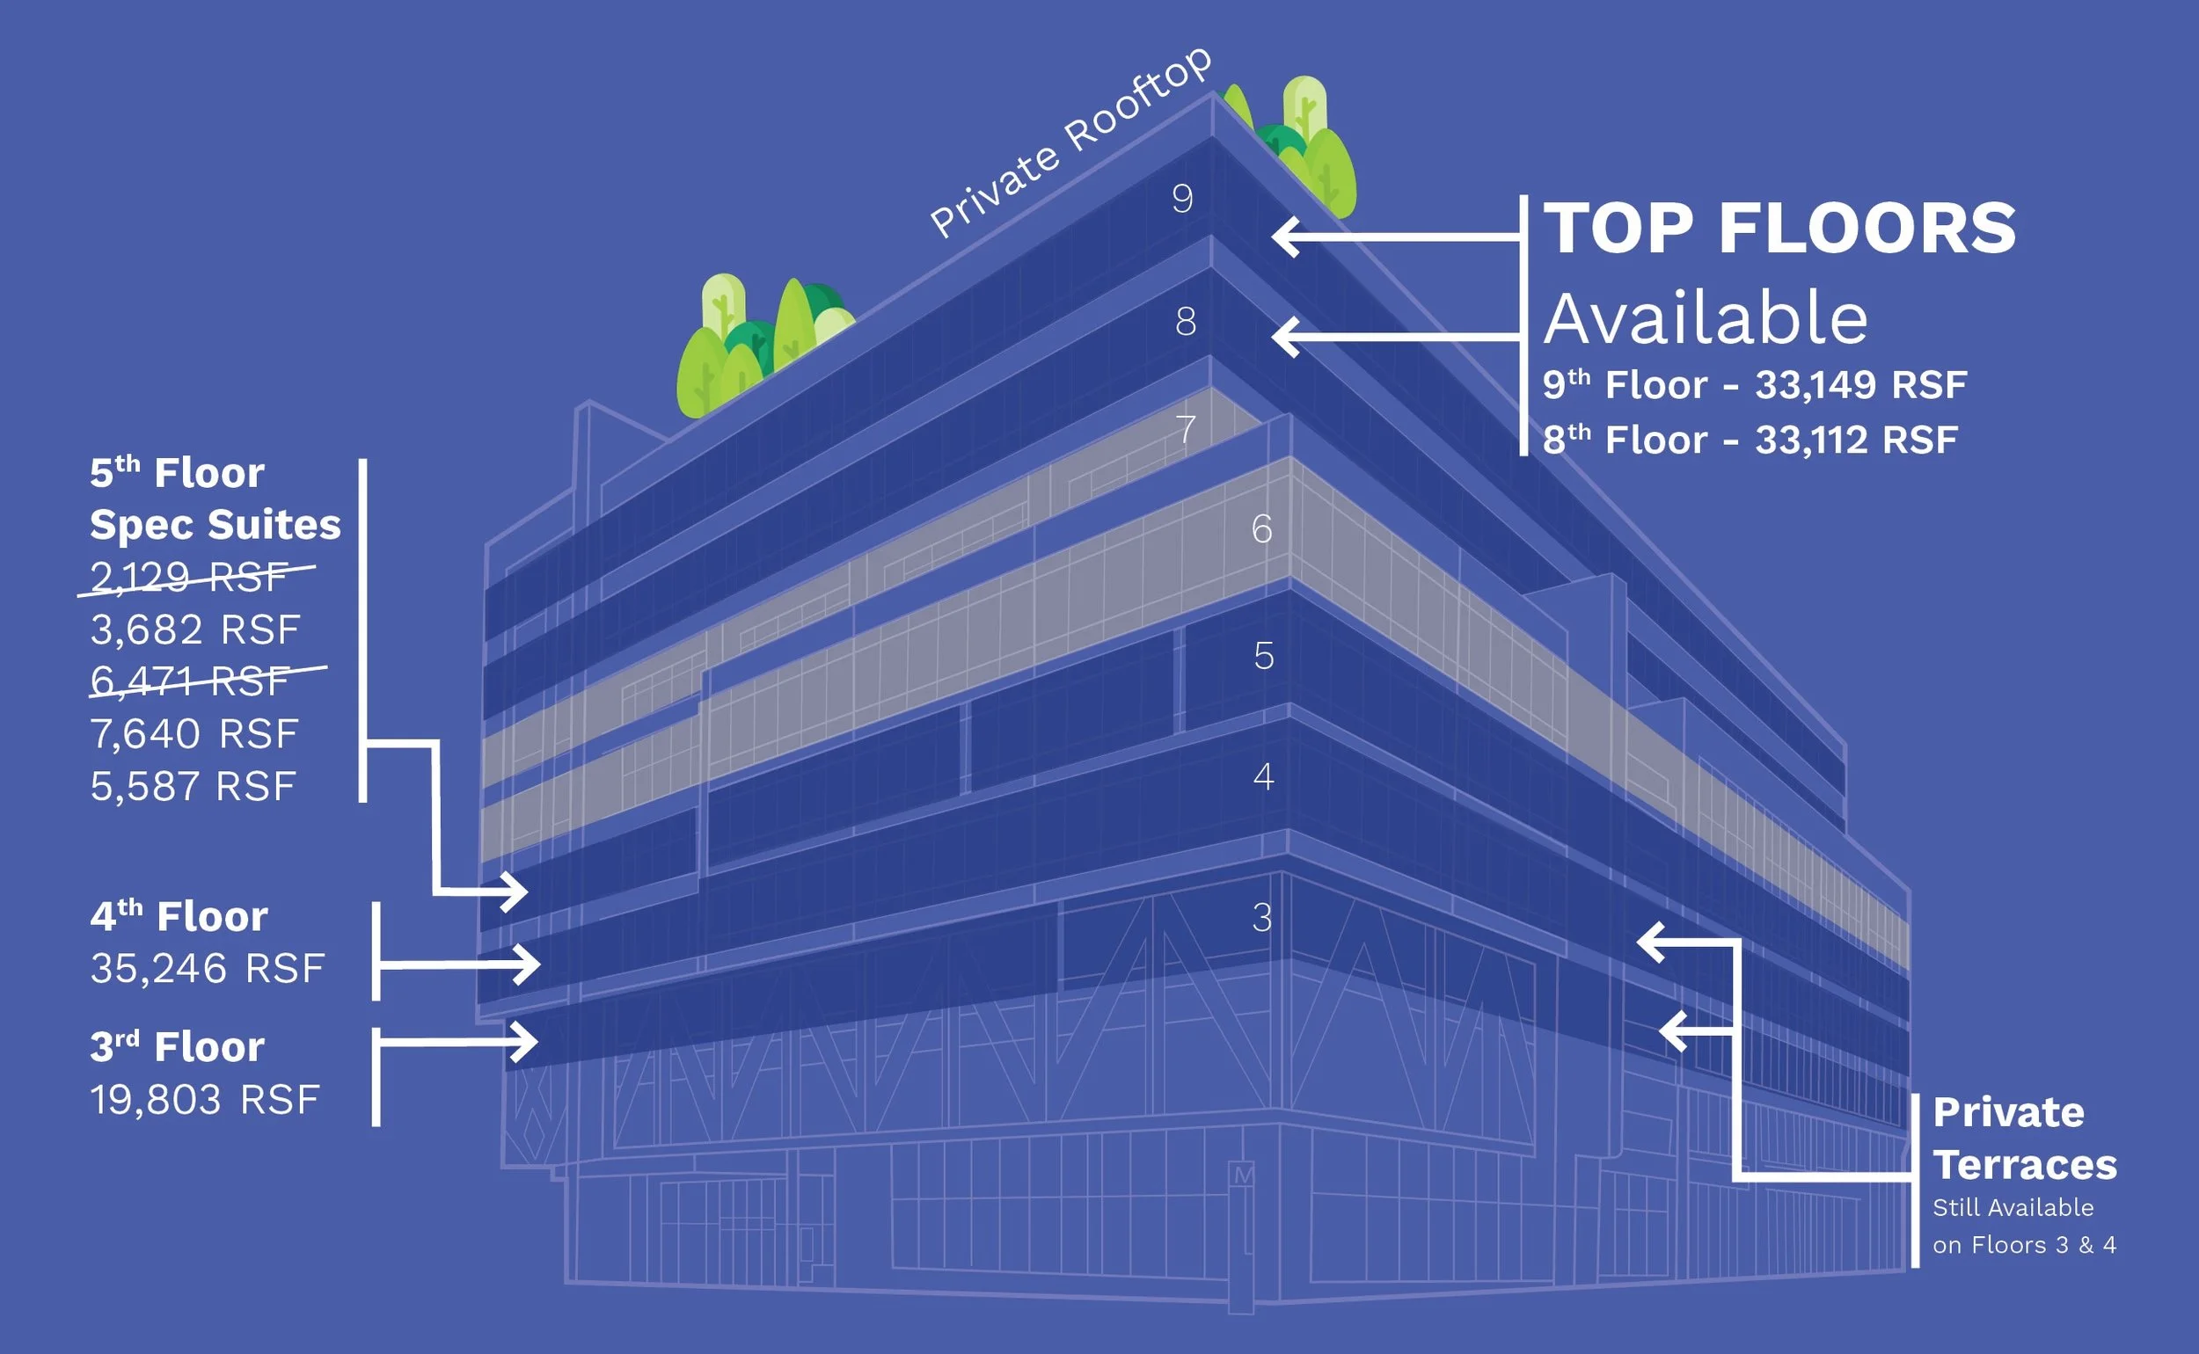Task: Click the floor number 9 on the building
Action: tap(1182, 198)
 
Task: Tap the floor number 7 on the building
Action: tap(1186, 429)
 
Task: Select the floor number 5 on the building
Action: tap(1263, 657)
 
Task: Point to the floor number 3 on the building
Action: tap(1261, 918)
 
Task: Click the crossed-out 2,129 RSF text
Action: tap(190, 577)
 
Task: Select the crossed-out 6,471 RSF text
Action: tap(190, 681)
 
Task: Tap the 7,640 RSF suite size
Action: tap(194, 734)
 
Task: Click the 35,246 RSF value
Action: tap(207, 969)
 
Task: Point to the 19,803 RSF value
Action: tap(204, 1101)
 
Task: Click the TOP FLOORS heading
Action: tap(1779, 229)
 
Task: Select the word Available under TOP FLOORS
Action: tap(1706, 319)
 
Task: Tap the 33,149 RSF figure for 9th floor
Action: tap(1860, 385)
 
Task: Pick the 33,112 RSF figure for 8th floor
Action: tap(1856, 440)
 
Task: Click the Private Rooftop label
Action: tap(1070, 143)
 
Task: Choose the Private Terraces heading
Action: tap(2024, 1139)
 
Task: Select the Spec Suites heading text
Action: tap(215, 525)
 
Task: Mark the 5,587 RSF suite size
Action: tap(193, 787)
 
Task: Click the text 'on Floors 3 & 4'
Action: tap(2024, 1245)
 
